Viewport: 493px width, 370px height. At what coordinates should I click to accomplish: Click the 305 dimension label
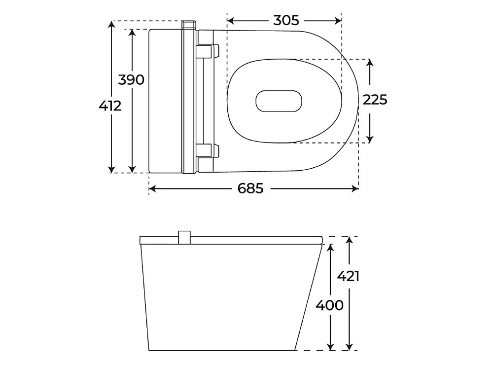286,20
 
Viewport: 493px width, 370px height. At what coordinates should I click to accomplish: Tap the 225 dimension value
375,100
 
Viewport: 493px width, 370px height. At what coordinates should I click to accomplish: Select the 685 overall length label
250,188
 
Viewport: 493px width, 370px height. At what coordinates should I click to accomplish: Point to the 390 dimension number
131,79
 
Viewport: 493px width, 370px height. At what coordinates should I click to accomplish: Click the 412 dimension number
110,106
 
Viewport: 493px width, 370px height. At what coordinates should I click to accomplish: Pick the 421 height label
348,276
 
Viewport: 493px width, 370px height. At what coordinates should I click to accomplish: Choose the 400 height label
329,305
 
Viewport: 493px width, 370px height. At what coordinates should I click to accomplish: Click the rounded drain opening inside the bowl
279,101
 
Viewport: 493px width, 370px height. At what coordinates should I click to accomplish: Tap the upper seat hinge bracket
208,52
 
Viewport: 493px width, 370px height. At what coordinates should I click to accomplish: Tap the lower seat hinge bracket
208,150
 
